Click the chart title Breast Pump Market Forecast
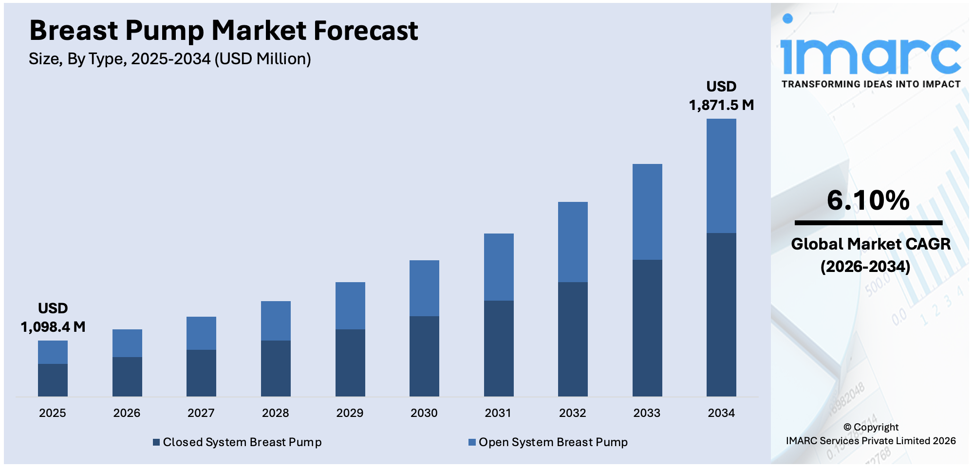coord(224,31)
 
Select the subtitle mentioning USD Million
coord(169,59)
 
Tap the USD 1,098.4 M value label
coord(53,318)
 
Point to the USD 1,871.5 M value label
coord(721,96)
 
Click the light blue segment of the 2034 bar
coord(721,176)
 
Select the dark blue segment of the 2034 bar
coord(721,314)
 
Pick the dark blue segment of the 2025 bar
coord(53,380)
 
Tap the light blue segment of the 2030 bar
coord(424,288)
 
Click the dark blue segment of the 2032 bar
coord(573,339)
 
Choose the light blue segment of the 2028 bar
coord(276,321)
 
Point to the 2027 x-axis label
coord(201,413)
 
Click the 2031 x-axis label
coord(498,413)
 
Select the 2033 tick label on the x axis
coord(647,413)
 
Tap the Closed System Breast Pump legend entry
coord(238,442)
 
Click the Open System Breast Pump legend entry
coord(548,442)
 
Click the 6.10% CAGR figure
coord(868,200)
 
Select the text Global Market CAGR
coord(870,244)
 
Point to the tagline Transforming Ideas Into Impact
coord(870,84)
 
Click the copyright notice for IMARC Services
coord(870,434)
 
